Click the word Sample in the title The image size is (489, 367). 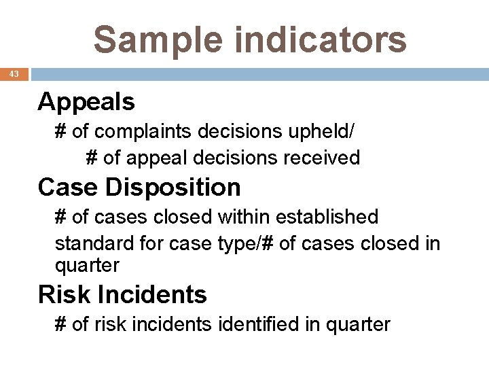[158, 39]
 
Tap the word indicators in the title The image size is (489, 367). [319, 39]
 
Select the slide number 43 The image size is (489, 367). [14, 74]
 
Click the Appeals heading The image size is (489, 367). [86, 102]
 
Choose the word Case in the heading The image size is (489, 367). [64, 186]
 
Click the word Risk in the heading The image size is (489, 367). [64, 295]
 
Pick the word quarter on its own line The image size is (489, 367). [87, 266]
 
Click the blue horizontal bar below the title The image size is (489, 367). [258, 74]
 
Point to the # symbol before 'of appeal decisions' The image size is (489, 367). [92, 158]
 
